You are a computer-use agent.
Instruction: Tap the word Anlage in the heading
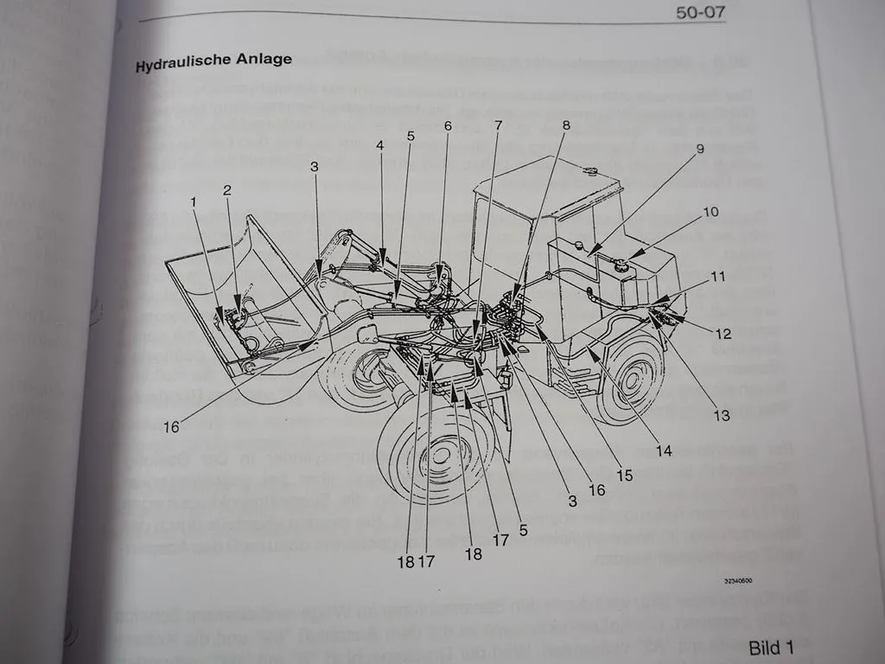coord(264,61)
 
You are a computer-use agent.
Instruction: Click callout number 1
coord(194,201)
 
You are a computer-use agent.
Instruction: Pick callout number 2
coord(227,188)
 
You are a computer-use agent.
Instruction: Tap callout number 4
coord(379,146)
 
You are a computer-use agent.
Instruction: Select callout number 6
coord(448,126)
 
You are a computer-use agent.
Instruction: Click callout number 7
coord(498,125)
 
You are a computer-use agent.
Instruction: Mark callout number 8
coord(566,124)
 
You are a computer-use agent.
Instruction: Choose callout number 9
coord(700,148)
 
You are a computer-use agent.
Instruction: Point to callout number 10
coord(710,211)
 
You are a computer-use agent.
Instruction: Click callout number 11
coord(718,277)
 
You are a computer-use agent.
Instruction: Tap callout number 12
coord(723,334)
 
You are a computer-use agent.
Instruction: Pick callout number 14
coord(663,450)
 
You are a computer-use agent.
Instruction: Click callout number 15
coord(623,475)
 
